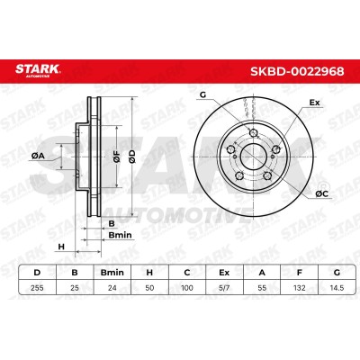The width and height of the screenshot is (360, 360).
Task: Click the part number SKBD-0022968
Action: point(297,72)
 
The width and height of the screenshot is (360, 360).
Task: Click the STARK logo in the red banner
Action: point(38,70)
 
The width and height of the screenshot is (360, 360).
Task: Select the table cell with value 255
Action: point(37,288)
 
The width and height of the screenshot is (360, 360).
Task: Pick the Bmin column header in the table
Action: point(112,273)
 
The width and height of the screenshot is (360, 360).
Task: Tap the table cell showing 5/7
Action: point(224,288)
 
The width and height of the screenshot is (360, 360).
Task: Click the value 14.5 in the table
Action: point(337,288)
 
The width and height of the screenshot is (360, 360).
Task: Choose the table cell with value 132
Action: point(300,288)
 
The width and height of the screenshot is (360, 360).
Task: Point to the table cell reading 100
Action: point(187,288)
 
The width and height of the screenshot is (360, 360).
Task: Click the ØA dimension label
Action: point(38,156)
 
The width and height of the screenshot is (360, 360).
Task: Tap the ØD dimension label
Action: point(132,157)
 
